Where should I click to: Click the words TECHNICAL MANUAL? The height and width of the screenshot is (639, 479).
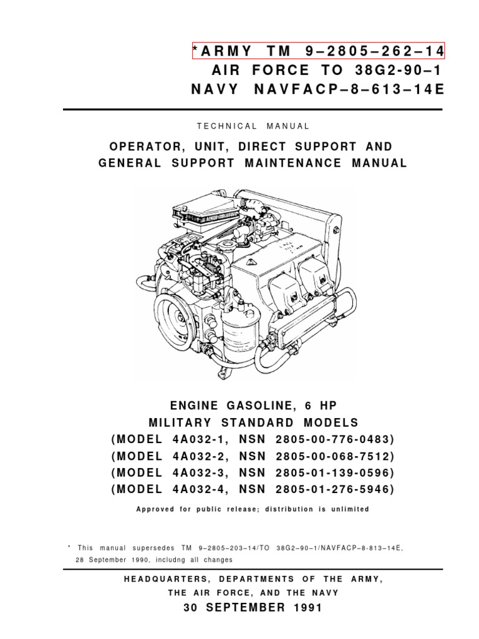tap(253, 126)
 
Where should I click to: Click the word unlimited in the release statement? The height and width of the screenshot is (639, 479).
tap(347, 509)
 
